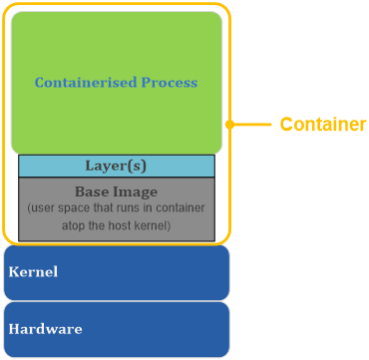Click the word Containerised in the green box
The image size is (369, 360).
coord(82,83)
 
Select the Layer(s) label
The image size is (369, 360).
coord(116,166)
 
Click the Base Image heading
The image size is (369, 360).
coord(116,190)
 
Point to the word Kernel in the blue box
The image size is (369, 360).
coord(33,271)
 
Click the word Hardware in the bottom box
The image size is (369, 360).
coord(45,328)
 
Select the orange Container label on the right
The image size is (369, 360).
coord(322,125)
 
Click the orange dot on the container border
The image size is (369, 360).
coord(230,125)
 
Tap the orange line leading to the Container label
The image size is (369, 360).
coord(253,125)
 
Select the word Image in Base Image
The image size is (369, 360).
coord(138,190)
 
